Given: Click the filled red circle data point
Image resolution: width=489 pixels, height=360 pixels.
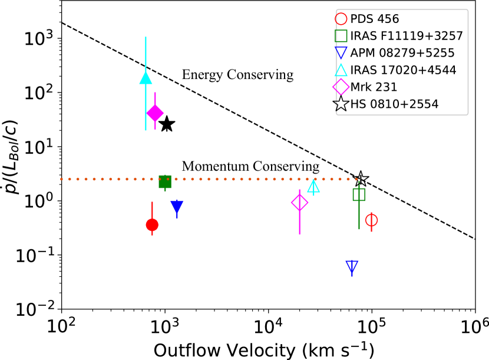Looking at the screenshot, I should pos(152,224).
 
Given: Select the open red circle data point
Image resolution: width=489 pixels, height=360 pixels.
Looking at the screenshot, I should pos(371,220).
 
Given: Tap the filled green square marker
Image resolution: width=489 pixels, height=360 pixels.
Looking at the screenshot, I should pos(165,181).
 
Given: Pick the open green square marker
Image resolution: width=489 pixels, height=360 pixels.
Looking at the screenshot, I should pos(359,194).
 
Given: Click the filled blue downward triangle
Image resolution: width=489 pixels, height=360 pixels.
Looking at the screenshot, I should pos(177,207).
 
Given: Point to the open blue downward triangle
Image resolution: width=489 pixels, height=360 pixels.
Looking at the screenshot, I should pos(352,266).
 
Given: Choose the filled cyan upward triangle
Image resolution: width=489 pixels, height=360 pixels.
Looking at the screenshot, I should pos(146,77).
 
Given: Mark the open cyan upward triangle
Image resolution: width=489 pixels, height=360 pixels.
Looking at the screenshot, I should pos(313,187).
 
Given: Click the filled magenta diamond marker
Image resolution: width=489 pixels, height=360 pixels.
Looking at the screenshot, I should pos(155,113).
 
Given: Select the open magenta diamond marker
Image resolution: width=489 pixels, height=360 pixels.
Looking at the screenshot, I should pos(300,203).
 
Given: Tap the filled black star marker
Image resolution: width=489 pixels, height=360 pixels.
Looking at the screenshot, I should pos(167,124).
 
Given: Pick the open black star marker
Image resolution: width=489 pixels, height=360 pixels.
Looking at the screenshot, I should pos(361,179).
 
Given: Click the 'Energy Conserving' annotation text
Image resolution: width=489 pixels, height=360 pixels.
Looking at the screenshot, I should pos(237,75).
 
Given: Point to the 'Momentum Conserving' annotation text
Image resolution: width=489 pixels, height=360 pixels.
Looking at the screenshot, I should pos(250,167).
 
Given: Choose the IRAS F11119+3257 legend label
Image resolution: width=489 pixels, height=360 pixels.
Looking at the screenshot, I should pos(407,36).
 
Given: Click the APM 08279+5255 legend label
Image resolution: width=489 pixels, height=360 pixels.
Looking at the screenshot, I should pos(402,53).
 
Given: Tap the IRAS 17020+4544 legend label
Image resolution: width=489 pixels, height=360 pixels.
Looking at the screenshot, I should pos(403,70).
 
